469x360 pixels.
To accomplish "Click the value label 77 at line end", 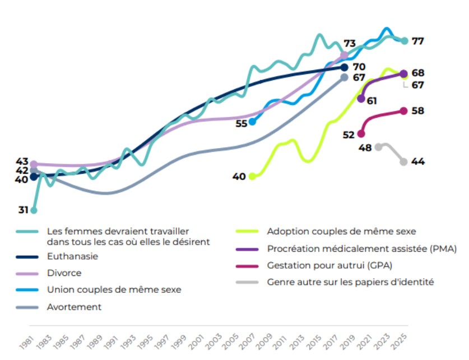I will point(418,41).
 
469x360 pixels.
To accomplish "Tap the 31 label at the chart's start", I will point(23,210).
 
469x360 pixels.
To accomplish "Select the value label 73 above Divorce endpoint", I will point(350,44).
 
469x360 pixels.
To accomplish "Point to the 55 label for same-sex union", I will point(242,123).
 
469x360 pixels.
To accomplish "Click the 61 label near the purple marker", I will point(371,101).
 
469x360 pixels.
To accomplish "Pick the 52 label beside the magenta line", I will point(349,135).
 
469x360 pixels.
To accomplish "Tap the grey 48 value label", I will point(365,148).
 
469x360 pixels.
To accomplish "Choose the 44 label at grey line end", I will point(418,161).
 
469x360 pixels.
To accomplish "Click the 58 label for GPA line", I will point(418,111).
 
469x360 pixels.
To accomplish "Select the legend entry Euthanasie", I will point(73,256).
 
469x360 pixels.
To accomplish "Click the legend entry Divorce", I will point(64,273).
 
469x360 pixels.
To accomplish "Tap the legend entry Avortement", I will point(75,307).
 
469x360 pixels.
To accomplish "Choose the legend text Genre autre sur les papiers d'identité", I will point(351,282).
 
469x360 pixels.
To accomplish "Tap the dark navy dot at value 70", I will point(345,67).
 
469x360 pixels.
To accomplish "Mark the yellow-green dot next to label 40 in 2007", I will point(252,176).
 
